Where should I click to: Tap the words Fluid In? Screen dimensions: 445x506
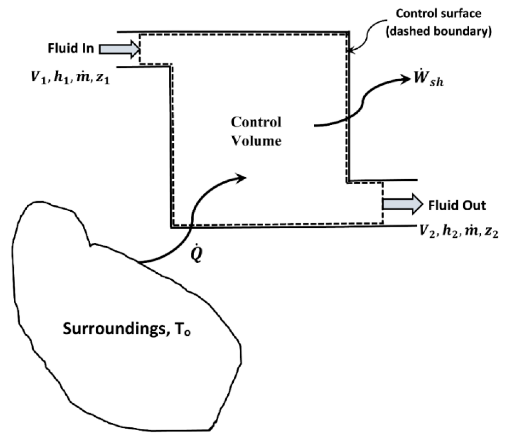[x=71, y=49]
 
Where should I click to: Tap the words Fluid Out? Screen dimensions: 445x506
[x=457, y=205]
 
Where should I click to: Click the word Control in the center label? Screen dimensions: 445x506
[x=256, y=122]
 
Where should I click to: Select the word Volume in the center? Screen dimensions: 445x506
[x=256, y=141]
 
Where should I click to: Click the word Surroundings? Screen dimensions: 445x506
[x=115, y=329]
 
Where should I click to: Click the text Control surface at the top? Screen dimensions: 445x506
[x=439, y=13]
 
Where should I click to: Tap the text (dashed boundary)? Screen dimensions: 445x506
[x=439, y=31]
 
